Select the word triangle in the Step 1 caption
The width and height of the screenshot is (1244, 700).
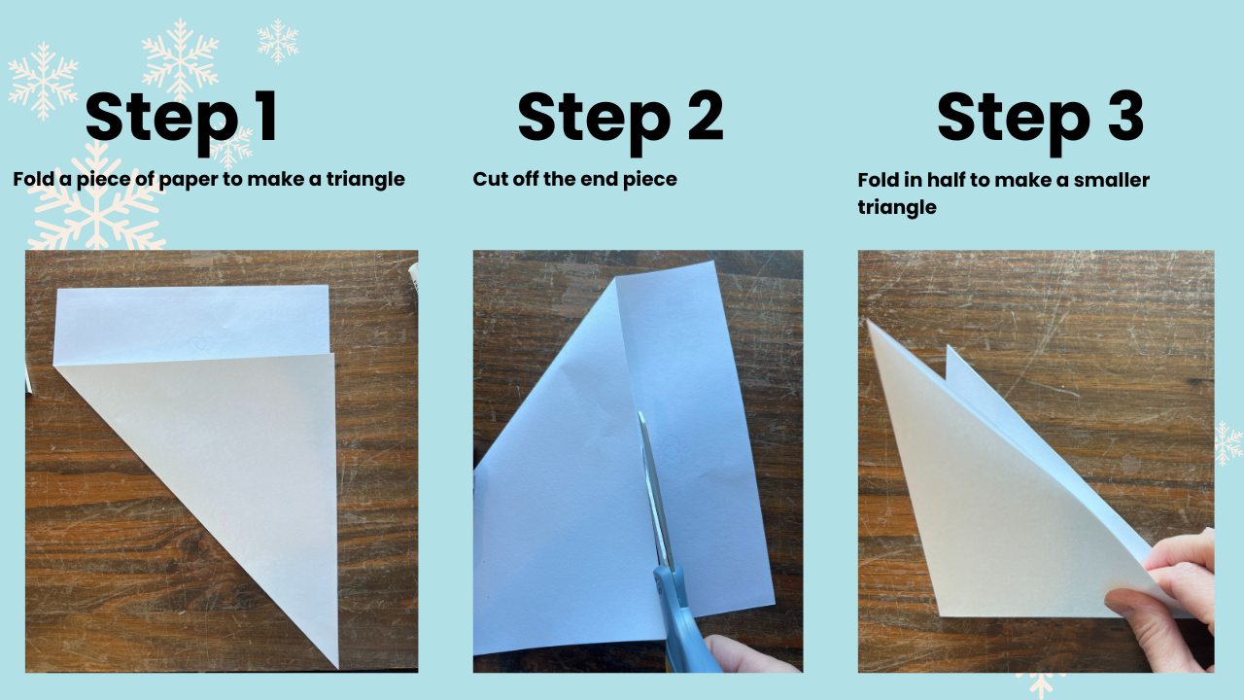pyautogui.click(x=365, y=180)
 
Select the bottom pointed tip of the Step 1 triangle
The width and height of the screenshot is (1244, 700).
pyautogui.click(x=337, y=668)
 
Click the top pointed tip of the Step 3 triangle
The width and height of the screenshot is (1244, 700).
pyautogui.click(x=868, y=321)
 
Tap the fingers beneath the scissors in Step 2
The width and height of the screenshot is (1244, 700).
pyautogui.click(x=749, y=654)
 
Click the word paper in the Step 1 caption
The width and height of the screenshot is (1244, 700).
pyautogui.click(x=188, y=181)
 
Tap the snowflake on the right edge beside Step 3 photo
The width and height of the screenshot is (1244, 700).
pyautogui.click(x=1227, y=443)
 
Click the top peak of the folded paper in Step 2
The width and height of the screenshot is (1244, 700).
pyautogui.click(x=615, y=279)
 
